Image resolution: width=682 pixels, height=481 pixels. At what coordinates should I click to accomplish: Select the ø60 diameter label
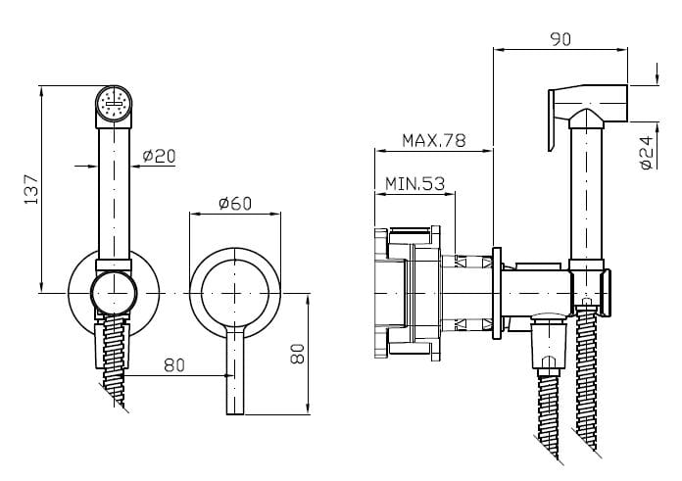tap(235, 204)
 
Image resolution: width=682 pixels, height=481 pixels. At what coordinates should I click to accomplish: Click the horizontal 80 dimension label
tap(174, 365)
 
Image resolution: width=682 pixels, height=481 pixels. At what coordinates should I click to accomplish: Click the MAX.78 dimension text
tap(433, 140)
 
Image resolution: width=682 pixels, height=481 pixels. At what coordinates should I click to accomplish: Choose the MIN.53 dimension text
tap(415, 183)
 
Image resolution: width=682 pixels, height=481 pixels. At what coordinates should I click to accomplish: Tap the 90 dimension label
tap(560, 38)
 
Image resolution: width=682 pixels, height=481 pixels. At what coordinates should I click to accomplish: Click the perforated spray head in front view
tap(114, 103)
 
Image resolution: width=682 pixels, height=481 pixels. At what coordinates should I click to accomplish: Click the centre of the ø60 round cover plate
tap(235, 293)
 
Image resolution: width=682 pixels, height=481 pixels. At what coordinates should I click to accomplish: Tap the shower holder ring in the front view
tap(115, 293)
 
